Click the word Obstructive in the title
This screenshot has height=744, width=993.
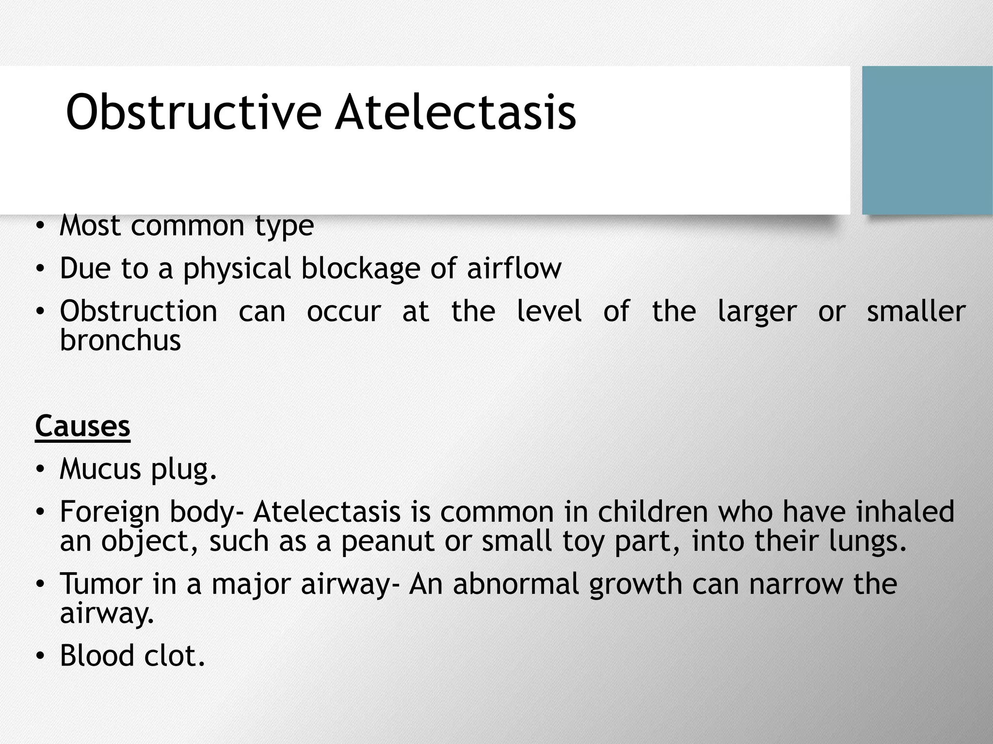coord(193,112)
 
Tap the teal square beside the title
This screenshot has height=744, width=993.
coord(927,140)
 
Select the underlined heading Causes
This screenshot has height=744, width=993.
coord(82,426)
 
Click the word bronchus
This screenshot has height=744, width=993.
coord(120,340)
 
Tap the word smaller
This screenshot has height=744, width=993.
coord(916,311)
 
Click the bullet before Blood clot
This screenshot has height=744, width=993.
coord(40,656)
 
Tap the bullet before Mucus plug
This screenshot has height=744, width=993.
coord(40,470)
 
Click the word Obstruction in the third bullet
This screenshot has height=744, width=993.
coord(138,311)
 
